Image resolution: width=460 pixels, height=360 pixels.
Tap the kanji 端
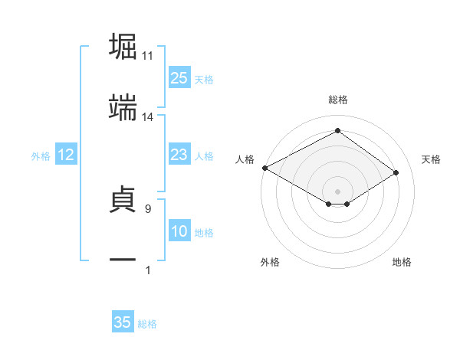point(123,109)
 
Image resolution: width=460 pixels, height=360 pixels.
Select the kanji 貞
point(123,198)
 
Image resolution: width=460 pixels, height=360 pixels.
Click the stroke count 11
point(148,56)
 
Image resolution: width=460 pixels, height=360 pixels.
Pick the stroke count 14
point(148,118)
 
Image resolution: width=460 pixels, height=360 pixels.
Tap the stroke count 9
point(148,208)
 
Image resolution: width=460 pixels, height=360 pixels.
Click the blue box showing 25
point(179,78)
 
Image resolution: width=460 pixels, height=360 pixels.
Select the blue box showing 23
point(179,155)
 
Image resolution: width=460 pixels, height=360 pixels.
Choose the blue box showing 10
point(179,232)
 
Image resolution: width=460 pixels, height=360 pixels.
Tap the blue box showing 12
point(66,155)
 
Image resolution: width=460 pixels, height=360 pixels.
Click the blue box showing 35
point(123,322)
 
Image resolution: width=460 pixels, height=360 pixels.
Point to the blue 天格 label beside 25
point(204,80)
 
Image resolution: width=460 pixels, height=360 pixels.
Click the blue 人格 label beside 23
point(204,156)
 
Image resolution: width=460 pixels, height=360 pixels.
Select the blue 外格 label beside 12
point(41,156)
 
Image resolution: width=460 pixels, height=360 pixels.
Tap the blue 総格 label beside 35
point(147,324)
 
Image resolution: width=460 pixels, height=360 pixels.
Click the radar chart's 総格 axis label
point(337,100)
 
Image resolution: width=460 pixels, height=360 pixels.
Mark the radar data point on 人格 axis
point(264,168)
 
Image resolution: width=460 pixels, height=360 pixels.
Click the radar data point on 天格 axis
point(396,173)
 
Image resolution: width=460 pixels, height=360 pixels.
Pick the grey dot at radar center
point(337,191)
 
